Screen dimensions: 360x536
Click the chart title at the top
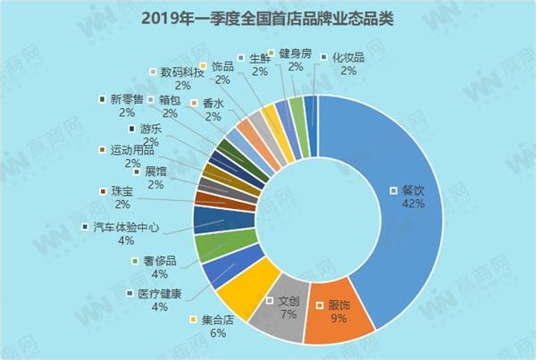tap(267, 18)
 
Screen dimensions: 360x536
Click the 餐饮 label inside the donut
tap(413, 190)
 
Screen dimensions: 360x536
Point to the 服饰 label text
tap(339, 306)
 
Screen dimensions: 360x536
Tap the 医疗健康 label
tap(160, 292)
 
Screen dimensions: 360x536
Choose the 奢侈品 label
tap(158, 260)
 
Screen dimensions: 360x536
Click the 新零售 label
tap(128, 99)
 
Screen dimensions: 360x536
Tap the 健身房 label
tap(294, 54)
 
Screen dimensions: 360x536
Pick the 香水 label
tap(212, 103)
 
